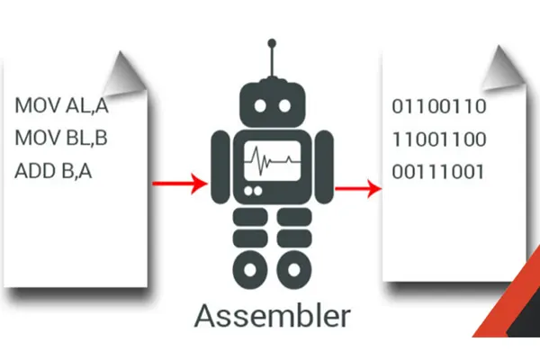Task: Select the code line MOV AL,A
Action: click(61, 105)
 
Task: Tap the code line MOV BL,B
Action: click(61, 138)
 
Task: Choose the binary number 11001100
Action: click(439, 139)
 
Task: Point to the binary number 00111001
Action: click(439, 171)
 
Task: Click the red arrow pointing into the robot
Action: click(179, 184)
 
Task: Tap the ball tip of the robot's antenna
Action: click(271, 41)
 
